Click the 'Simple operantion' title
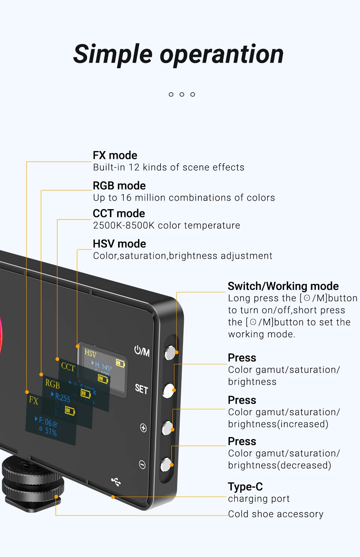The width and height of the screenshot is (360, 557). point(178,54)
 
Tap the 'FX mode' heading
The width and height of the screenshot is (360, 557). point(115,155)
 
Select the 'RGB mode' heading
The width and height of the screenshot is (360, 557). point(119,186)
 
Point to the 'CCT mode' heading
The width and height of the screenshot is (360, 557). point(119,213)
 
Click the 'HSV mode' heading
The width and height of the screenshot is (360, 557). point(119,244)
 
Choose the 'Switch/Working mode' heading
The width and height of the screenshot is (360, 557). point(283,286)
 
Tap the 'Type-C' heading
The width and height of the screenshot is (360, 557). point(245,487)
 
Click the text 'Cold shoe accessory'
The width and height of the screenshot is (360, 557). point(276,514)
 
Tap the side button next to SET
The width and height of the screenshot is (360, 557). point(169,390)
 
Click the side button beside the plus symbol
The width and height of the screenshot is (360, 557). point(167,428)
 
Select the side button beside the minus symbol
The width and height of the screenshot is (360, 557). point(166,464)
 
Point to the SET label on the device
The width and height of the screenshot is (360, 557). point(141,389)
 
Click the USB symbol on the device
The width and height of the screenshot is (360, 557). point(116,482)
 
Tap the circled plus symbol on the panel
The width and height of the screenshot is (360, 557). point(143,428)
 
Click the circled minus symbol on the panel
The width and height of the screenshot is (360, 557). point(142,465)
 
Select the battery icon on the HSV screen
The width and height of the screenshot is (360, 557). point(120,363)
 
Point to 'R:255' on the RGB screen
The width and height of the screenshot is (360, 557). point(62,397)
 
